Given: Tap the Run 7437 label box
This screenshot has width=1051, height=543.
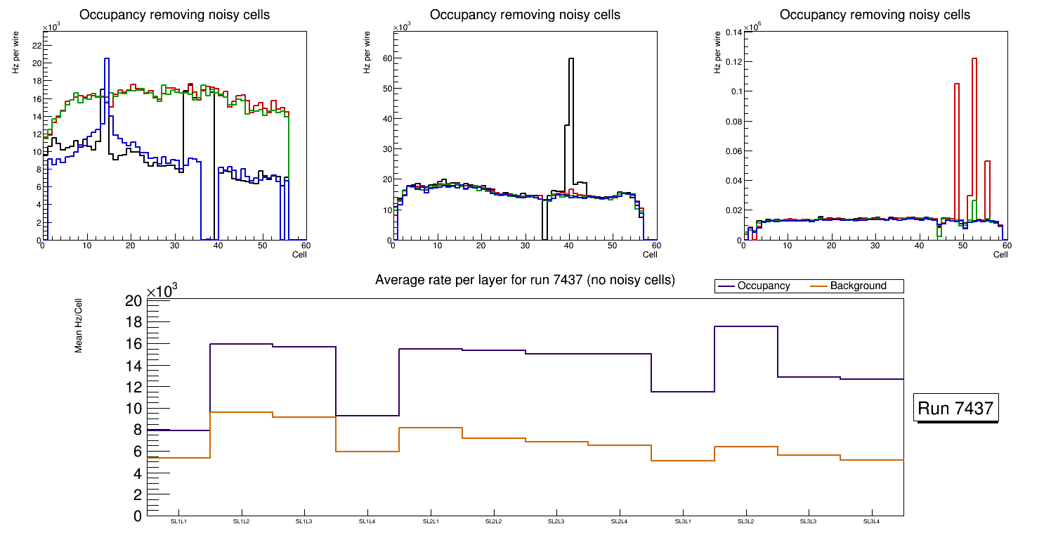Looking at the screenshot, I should [956, 409].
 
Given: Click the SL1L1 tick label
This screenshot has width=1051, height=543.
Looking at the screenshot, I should [178, 521].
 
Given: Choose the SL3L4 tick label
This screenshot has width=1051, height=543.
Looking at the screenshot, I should [872, 521].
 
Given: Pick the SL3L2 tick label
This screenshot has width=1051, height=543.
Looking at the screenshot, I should [746, 521].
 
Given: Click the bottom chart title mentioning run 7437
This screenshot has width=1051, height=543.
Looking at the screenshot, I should [525, 280].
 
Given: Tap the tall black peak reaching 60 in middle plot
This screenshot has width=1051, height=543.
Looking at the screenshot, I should [571, 59].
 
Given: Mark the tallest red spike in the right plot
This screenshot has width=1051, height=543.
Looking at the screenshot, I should [974, 59].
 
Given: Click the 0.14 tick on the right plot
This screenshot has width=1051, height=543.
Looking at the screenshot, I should [731, 32].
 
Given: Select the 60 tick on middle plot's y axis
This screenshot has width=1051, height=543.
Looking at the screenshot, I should [385, 59].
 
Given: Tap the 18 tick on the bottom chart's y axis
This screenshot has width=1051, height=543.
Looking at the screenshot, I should [133, 322].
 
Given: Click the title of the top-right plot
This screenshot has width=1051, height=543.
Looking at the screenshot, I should [875, 15].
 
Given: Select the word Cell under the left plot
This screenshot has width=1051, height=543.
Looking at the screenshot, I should [299, 254].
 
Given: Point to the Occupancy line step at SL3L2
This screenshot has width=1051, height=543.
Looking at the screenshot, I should [746, 326].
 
